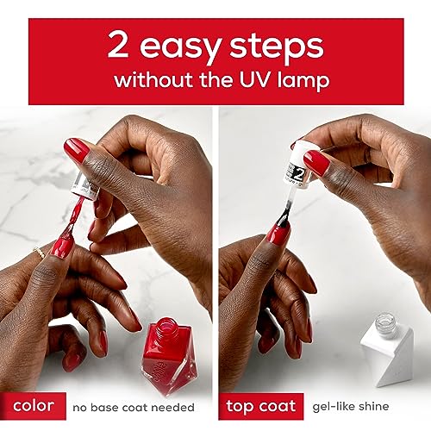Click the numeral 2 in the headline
click(118, 44)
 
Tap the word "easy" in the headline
click(181, 48)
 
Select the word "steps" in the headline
click(277, 47)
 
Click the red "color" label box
click(33, 406)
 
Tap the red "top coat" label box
click(261, 406)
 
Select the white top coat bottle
click(387, 349)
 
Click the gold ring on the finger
click(39, 253)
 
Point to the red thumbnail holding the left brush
click(76, 149)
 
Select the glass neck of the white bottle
click(386, 323)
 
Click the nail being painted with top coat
click(278, 234)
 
